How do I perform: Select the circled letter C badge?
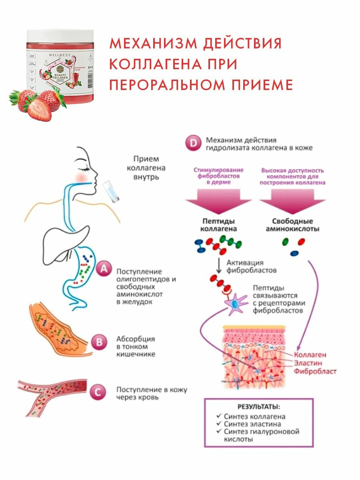click(98, 392)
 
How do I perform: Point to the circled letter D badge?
click(193, 144)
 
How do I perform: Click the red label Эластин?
click(310, 363)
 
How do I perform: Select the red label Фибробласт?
click(315, 372)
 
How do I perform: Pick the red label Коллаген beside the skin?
click(310, 354)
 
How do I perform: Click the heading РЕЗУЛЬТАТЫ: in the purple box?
click(258, 408)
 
